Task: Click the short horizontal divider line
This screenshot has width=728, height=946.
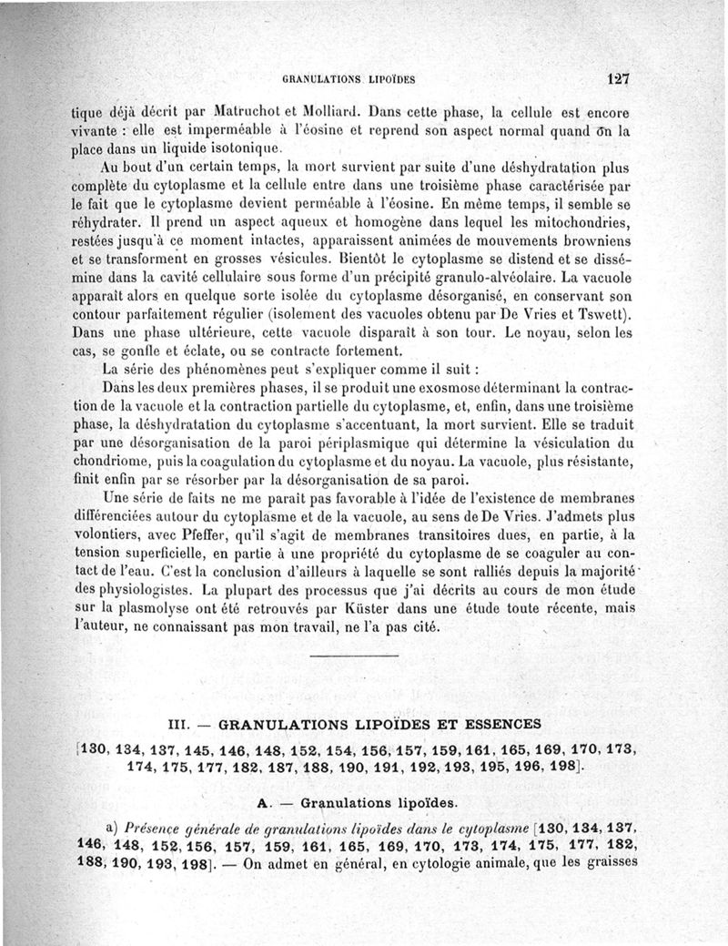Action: tap(354, 656)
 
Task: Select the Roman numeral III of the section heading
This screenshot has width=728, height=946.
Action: tap(178, 725)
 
